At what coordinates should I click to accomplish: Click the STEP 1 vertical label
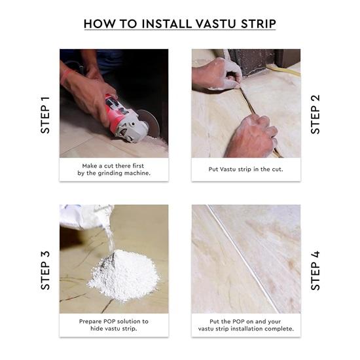click(x=45, y=115)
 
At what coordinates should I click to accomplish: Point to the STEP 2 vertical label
click(x=315, y=115)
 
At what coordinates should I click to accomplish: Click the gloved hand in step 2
click(x=216, y=75)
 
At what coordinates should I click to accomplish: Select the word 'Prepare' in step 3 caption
click(x=94, y=321)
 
